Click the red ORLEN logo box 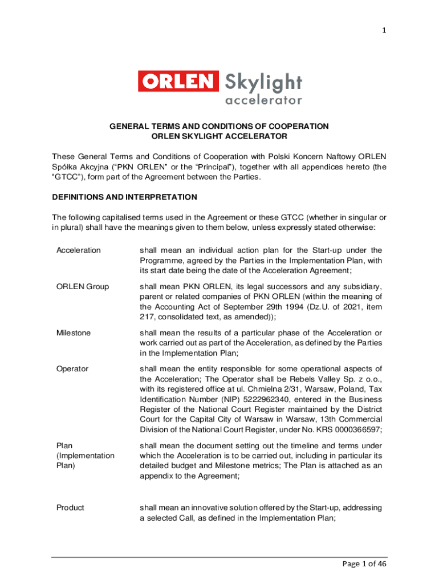click(x=178, y=82)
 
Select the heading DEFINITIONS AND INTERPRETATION click(x=124, y=197)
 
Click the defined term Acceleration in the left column click(x=78, y=250)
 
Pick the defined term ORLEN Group click(x=82, y=286)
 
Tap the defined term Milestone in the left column click(x=73, y=332)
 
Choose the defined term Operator click(x=72, y=369)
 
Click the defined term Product click(x=70, y=508)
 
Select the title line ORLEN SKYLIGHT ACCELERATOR click(x=219, y=136)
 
